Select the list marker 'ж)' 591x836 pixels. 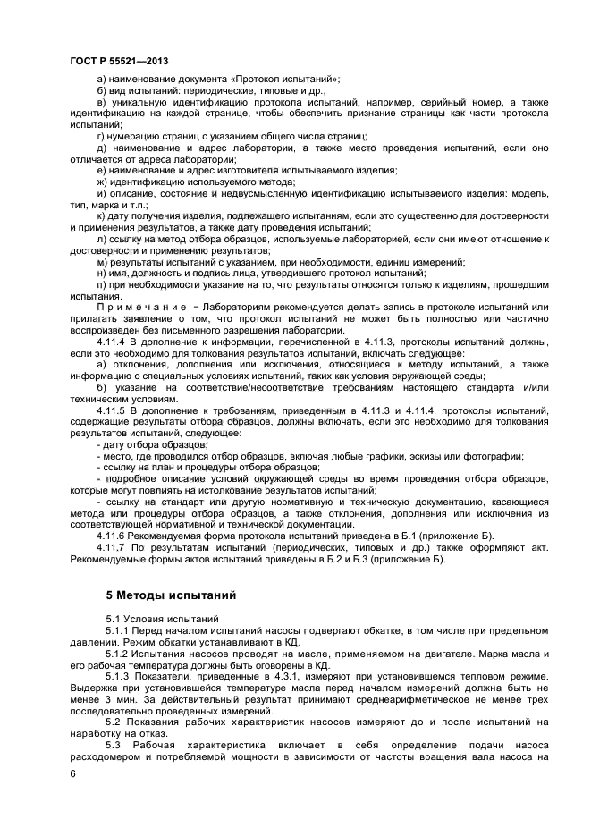point(101,182)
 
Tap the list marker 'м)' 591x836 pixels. point(101,261)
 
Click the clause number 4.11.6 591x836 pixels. point(113,534)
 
